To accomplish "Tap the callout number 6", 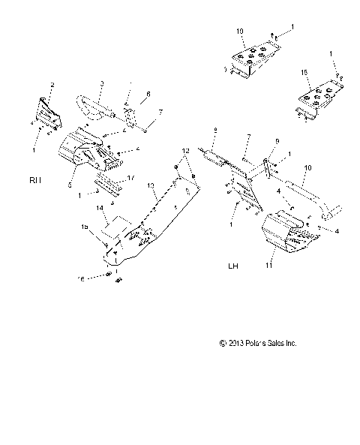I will pos(148,95).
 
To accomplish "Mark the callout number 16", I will pos(103,278).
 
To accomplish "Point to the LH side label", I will pos(233,266).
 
